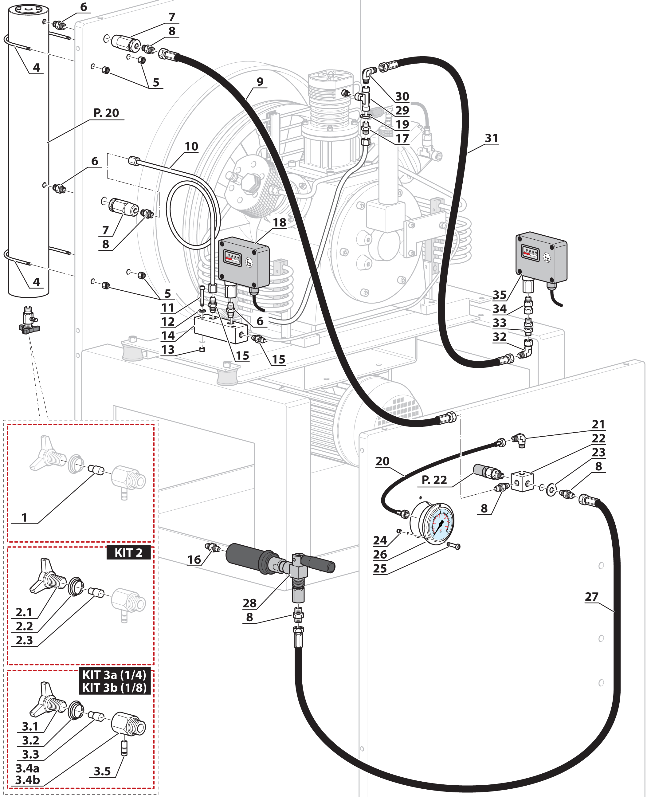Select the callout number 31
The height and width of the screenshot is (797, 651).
pos(491,138)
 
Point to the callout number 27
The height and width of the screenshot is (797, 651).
pos(591,596)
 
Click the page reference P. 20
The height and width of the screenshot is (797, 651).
pos(106,113)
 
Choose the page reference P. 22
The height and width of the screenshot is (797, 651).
pos(434,480)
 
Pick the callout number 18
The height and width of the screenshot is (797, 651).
pos(279,223)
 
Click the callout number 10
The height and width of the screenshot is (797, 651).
pos(191,147)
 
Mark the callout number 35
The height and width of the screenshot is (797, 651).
pos(500,295)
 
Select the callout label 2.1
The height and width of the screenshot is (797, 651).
pos(24,612)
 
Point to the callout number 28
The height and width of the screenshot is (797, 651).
pos(249,603)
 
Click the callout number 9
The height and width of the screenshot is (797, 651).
pos(260,82)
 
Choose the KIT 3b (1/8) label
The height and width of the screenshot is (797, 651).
pos(114,688)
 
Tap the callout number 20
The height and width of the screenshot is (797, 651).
pos(382,461)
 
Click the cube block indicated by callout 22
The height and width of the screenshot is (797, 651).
pos(522,481)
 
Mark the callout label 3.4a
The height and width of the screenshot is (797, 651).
pos(27,768)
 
